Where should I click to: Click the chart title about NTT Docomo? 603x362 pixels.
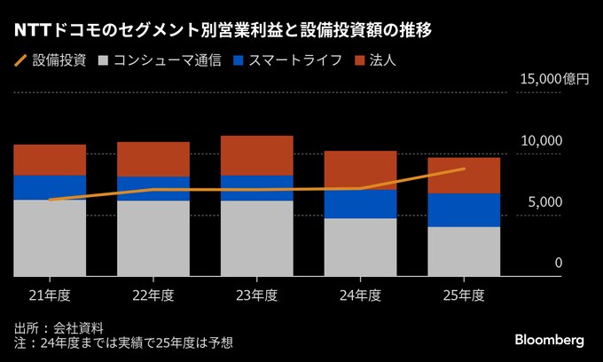click(x=223, y=31)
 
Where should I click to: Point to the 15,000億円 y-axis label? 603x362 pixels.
click(x=555, y=79)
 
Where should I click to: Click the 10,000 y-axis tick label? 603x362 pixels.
click(x=542, y=140)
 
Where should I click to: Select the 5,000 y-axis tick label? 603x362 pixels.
click(x=545, y=201)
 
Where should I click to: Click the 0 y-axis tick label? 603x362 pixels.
click(x=559, y=263)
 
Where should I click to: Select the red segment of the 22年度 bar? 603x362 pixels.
click(x=153, y=159)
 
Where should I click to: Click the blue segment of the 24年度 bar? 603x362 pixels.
click(x=360, y=203)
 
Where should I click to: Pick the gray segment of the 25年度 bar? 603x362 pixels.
click(x=464, y=251)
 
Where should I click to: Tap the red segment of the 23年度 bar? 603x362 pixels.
click(x=257, y=155)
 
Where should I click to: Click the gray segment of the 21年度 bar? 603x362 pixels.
click(x=50, y=238)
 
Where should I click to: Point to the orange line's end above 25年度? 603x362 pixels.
click(x=464, y=169)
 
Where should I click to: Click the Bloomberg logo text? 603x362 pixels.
click(x=550, y=341)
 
